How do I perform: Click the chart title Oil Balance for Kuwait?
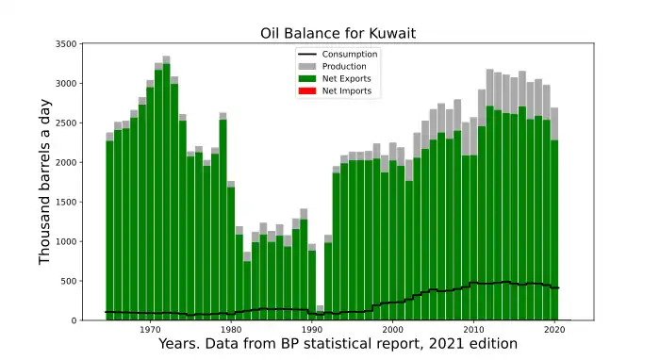pos(338,33)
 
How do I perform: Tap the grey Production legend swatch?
pos(307,67)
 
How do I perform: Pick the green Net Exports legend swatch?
pos(307,78)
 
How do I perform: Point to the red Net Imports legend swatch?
pos(307,90)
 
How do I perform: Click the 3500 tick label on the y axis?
pos(66,43)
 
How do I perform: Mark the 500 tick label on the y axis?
pos(69,281)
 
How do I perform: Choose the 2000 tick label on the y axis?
pos(66,162)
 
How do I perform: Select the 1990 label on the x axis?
pos(312,329)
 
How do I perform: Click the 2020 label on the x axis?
pos(554,329)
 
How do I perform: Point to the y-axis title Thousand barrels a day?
pos(44,182)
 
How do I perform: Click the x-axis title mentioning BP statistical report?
pos(338,344)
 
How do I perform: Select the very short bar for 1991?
pos(320,313)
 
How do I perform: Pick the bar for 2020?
pos(554,214)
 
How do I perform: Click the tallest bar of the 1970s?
pos(166,188)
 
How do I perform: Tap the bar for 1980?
pos(231,251)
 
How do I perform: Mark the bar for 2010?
pos(474,219)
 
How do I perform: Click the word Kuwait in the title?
pos(393,33)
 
